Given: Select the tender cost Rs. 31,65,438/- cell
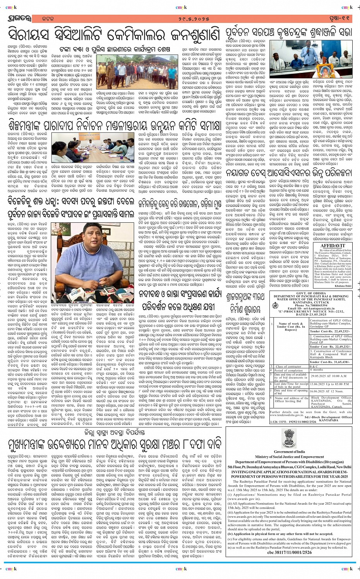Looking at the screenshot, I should pyautogui.click(x=330, y=362).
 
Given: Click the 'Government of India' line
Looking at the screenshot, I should pyautogui.click(x=290, y=452).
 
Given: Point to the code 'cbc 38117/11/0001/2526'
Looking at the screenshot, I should pyautogui.click(x=290, y=553).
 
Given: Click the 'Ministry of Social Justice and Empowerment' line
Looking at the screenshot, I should pyautogui.click(x=290, y=457).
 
